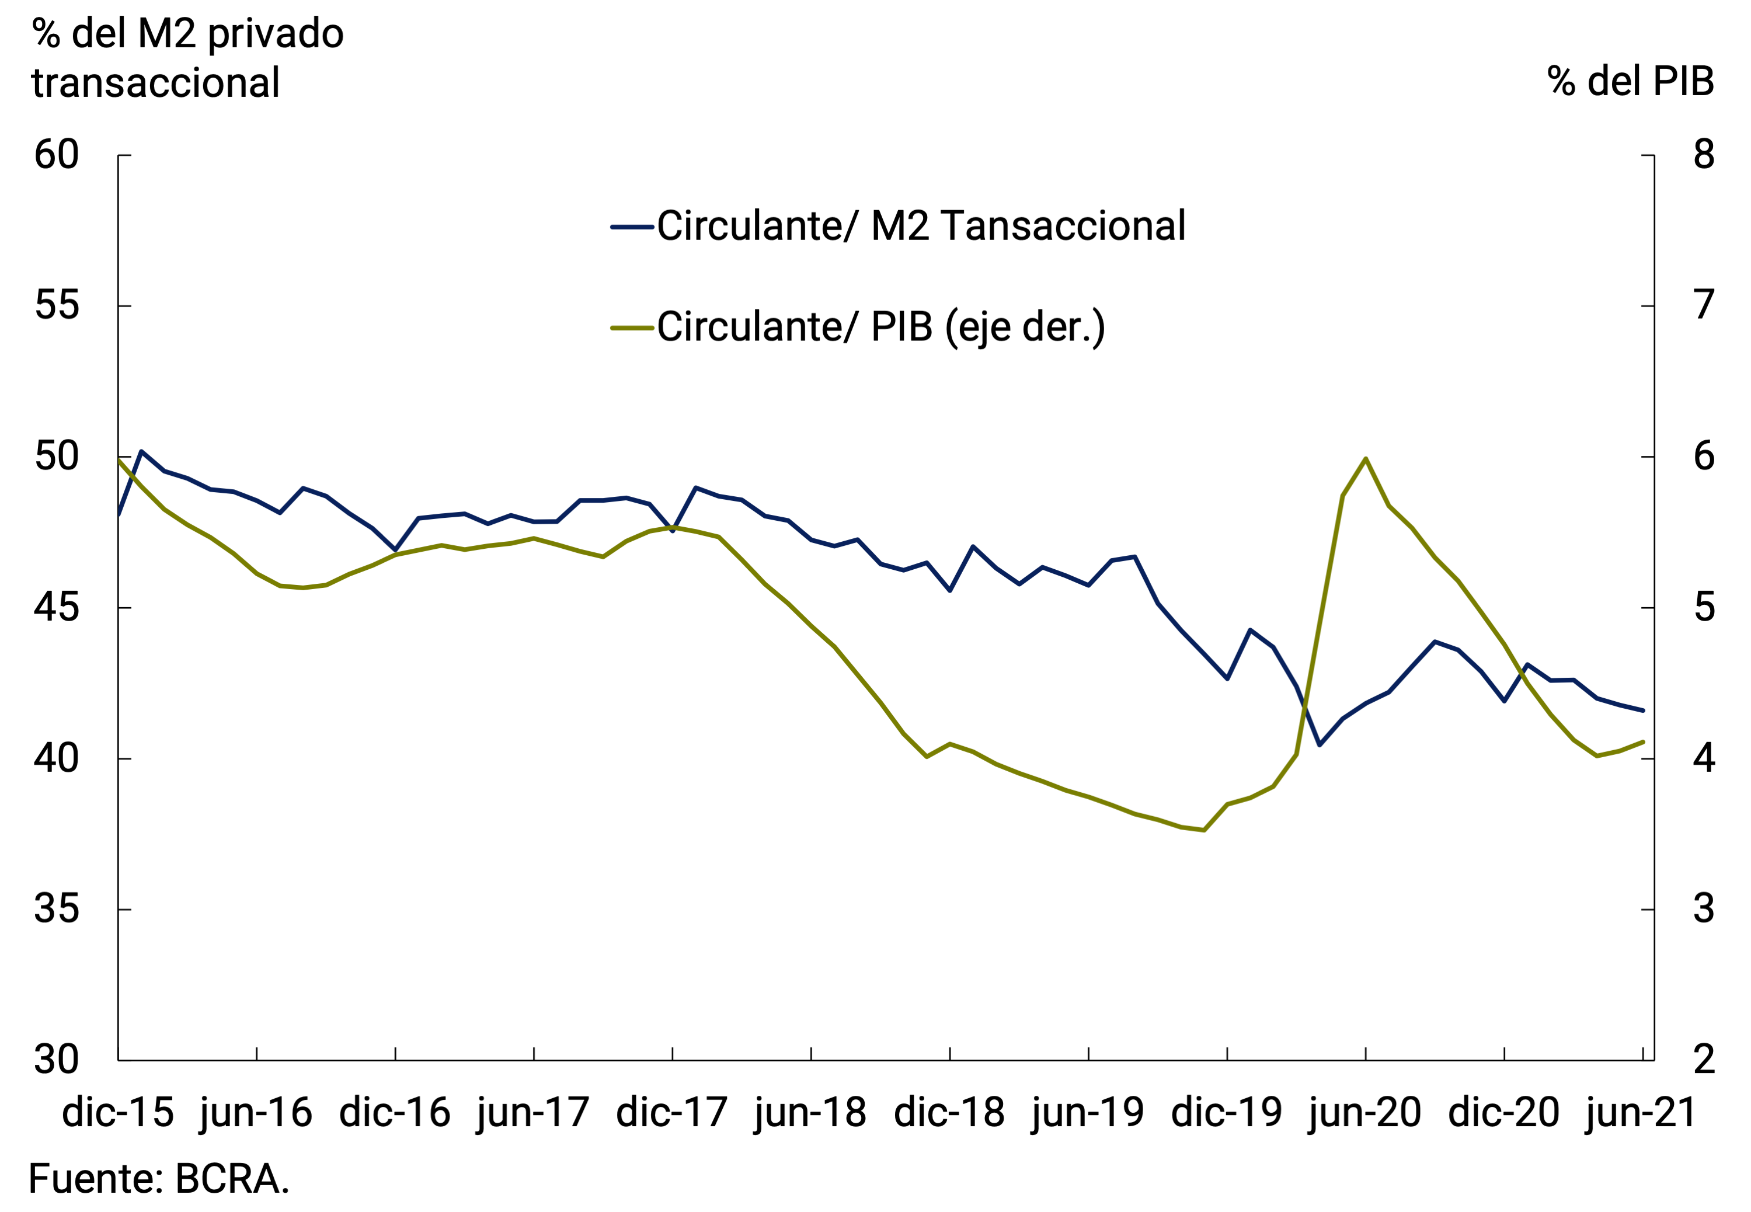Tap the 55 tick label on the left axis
coord(57,305)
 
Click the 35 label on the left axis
coord(57,909)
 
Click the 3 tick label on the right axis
coord(1704,909)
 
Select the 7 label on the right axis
coord(1704,305)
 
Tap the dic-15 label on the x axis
coord(118,1113)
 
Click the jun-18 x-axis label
coord(810,1113)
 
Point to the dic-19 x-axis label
coord(1226,1113)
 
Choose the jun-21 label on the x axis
coord(1641,1113)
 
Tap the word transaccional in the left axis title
coord(156,83)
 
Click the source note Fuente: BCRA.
coord(159,1179)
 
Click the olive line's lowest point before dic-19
coord(1203,830)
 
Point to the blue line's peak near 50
coord(141,452)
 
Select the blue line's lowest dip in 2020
coord(1320,745)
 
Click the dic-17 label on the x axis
coord(672,1113)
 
